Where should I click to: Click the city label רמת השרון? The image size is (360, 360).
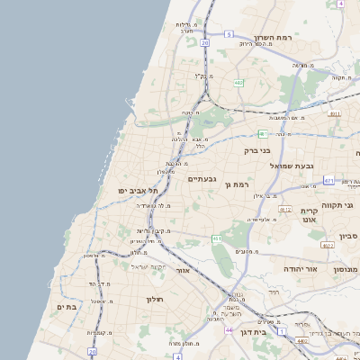tap(274, 38)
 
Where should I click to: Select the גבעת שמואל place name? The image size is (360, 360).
tap(319, 165)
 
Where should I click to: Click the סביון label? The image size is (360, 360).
tap(348, 236)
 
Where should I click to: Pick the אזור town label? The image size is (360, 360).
tap(183, 269)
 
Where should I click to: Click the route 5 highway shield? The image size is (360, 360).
tap(229, 34)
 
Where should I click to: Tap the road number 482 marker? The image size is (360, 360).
tap(238, 83)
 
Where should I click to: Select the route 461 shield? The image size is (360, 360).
tap(217, 238)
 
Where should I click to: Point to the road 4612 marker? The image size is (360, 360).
tap(285, 209)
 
